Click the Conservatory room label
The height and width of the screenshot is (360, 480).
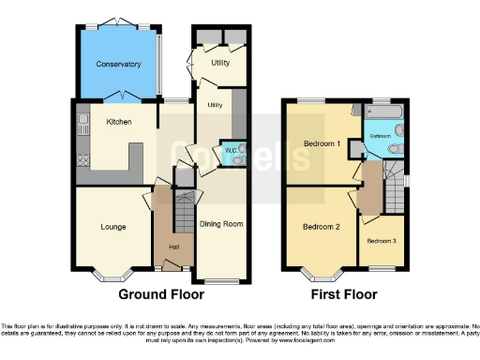point(118,65)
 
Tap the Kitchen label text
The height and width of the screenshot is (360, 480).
point(118,122)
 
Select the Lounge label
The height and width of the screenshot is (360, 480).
point(113,226)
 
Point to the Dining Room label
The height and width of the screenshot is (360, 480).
point(221,224)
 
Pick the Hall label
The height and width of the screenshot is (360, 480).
point(173,247)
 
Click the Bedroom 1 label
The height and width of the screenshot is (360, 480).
point(322,143)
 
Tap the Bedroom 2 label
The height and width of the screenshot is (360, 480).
point(321,227)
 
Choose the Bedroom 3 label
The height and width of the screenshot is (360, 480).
point(382,241)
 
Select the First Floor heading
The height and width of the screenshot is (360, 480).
point(345,293)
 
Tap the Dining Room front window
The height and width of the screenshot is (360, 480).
point(221,280)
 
